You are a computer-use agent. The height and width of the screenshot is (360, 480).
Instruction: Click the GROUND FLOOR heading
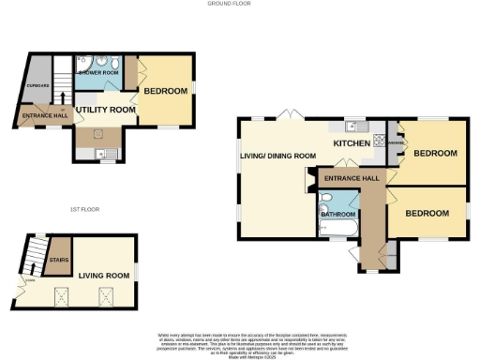click(x=230, y=4)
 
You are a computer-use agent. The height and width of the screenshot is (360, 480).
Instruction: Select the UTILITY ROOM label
click(x=106, y=110)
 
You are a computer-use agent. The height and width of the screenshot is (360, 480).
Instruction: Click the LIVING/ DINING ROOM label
click(x=277, y=156)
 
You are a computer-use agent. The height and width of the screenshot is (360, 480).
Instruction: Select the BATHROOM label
click(x=337, y=214)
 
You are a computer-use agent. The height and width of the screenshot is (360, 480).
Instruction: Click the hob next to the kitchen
click(x=382, y=142)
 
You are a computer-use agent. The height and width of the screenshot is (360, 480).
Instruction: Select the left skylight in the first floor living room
click(x=63, y=298)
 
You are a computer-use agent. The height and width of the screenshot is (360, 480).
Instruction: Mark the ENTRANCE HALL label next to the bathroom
click(x=352, y=178)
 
